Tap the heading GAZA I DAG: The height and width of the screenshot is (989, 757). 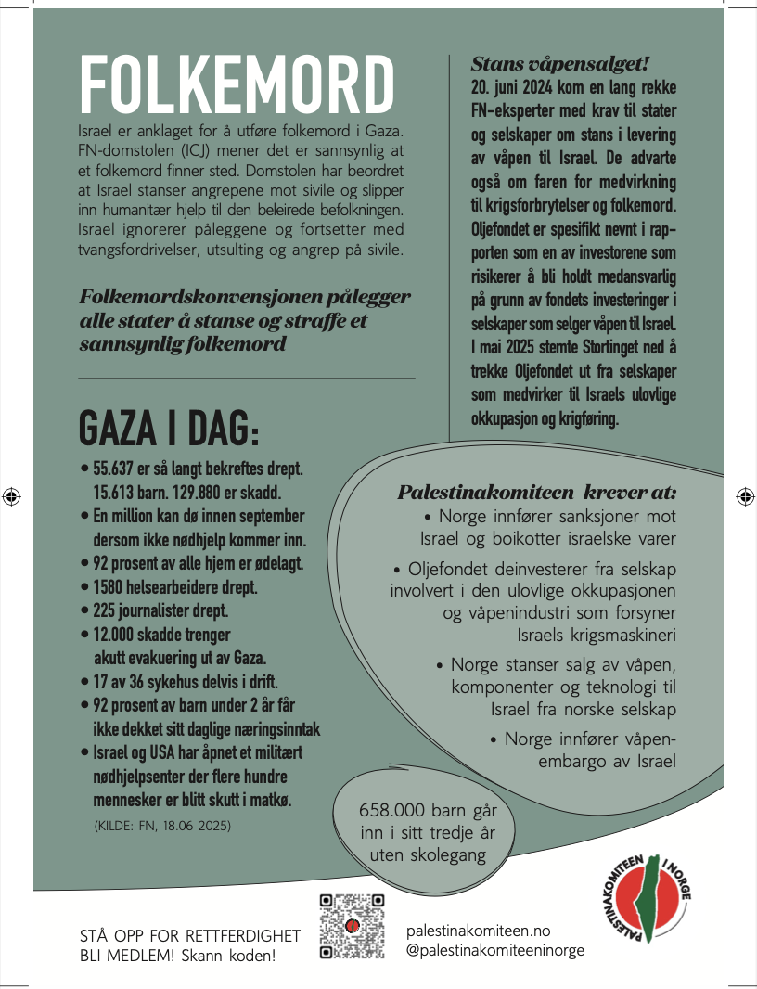point(170,428)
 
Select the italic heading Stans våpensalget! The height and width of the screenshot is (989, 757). point(560,64)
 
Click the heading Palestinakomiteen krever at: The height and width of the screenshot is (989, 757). point(537,493)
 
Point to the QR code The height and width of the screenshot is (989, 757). point(352,926)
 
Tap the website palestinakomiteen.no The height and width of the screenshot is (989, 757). point(479,931)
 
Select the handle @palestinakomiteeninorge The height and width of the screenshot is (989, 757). point(495,951)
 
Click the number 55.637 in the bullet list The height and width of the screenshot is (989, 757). point(117,469)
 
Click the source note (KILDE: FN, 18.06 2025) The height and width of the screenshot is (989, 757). point(162,824)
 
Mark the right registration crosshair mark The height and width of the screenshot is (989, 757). point(745,495)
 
